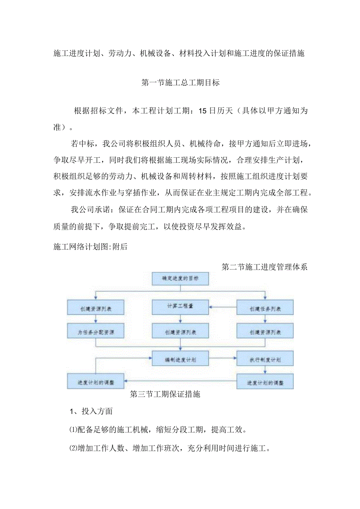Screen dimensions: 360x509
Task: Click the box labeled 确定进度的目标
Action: click(x=180, y=279)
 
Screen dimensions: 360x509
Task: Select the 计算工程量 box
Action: click(x=180, y=307)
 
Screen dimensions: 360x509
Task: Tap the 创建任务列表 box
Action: click(x=265, y=308)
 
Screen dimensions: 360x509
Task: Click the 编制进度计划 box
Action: click(x=180, y=358)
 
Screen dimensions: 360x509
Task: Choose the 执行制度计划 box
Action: click(x=265, y=359)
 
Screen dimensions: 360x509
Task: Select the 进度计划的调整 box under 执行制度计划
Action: click(x=265, y=382)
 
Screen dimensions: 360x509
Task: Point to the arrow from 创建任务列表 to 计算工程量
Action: click(x=223, y=307)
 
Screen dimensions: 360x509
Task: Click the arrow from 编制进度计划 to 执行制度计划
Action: click(x=223, y=358)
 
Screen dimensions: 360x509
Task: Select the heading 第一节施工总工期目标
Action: click(x=180, y=83)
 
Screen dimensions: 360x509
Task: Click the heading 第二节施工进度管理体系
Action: click(x=264, y=267)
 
